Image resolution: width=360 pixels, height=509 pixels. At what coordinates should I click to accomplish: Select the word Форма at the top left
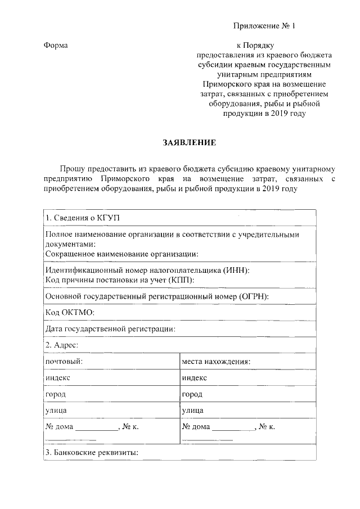point(56,45)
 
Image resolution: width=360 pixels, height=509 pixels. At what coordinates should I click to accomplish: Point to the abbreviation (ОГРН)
point(254,296)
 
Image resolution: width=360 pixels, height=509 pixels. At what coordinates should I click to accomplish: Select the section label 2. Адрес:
point(61,345)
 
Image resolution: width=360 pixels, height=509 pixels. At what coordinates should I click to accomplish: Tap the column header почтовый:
point(64,361)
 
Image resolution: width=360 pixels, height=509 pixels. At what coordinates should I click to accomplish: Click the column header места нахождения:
point(216,361)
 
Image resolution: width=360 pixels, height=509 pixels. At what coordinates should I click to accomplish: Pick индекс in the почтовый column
point(58,377)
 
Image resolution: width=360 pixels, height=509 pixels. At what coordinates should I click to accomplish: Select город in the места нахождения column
point(192,394)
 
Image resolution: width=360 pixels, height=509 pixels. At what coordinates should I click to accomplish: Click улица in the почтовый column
point(56,411)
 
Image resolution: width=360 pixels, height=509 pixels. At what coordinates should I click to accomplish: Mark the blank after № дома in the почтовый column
point(97,428)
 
